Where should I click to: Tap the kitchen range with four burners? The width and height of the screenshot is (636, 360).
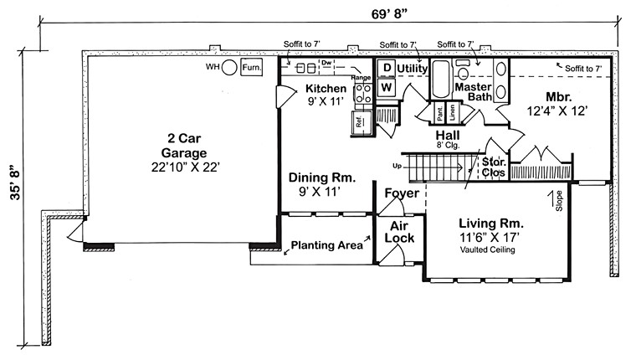[363, 94]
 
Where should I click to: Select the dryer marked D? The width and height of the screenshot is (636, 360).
[387, 68]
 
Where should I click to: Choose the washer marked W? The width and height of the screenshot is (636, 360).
[387, 85]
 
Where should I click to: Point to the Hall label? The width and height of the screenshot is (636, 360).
[448, 136]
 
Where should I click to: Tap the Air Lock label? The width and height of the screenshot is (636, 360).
[399, 232]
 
